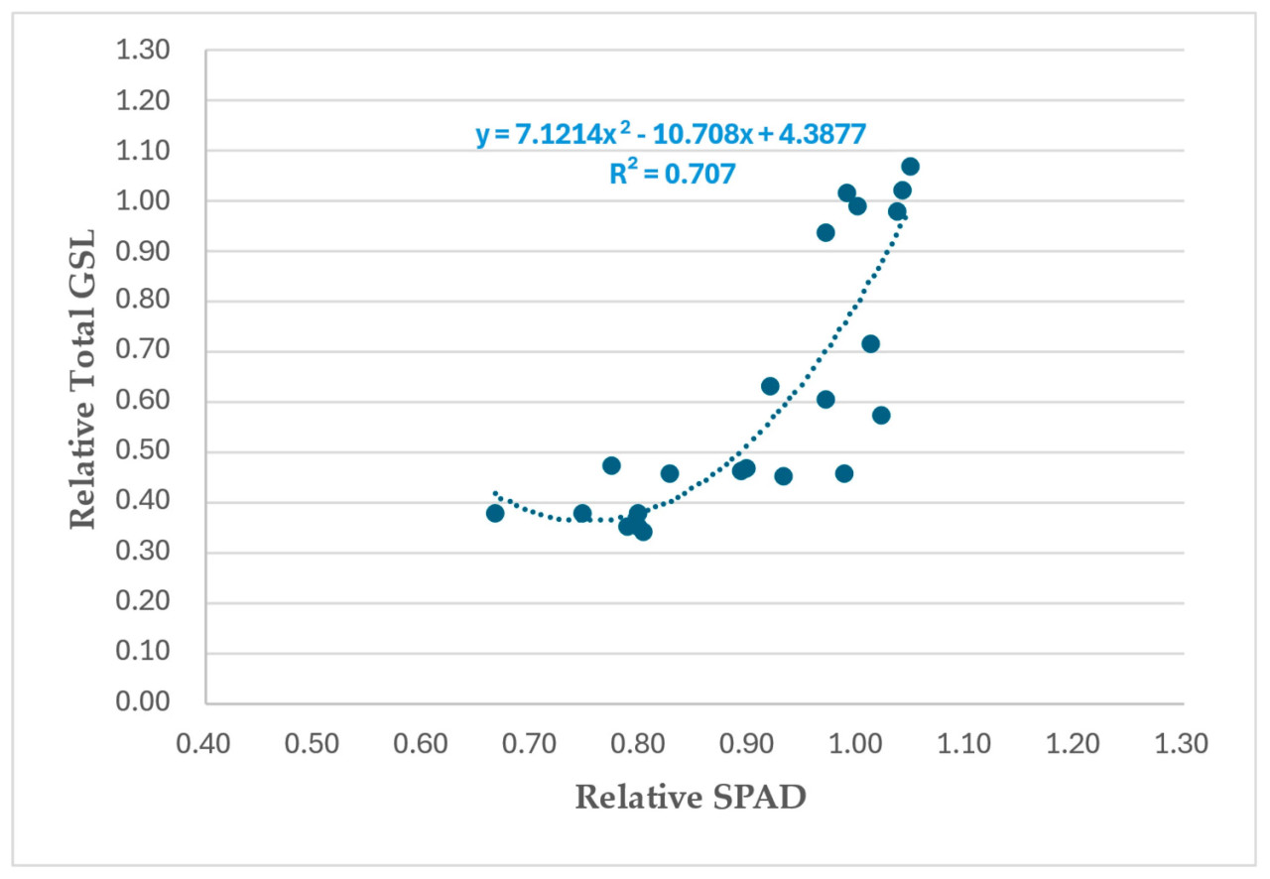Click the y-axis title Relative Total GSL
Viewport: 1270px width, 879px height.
click(x=85, y=376)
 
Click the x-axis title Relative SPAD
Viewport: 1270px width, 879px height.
click(x=691, y=797)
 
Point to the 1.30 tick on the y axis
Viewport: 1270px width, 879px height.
click(x=144, y=51)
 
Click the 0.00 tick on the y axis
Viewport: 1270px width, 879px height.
click(x=144, y=703)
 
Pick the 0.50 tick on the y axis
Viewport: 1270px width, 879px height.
click(x=144, y=452)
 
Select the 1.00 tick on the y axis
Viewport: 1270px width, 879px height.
click(x=144, y=201)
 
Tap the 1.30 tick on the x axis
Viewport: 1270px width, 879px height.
click(x=1183, y=743)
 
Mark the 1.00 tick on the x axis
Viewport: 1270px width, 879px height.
click(x=856, y=743)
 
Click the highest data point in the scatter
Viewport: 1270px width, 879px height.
click(x=910, y=167)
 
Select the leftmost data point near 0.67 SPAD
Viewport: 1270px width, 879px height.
click(x=495, y=513)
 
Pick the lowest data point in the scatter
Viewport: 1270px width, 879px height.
click(x=643, y=532)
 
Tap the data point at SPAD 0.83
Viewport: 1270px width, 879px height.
click(x=670, y=473)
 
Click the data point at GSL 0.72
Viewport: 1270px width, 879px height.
click(x=870, y=344)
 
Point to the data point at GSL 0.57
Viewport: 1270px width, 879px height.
click(x=881, y=416)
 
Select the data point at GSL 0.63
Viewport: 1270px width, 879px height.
click(x=770, y=386)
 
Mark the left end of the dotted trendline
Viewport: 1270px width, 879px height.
click(x=495, y=492)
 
